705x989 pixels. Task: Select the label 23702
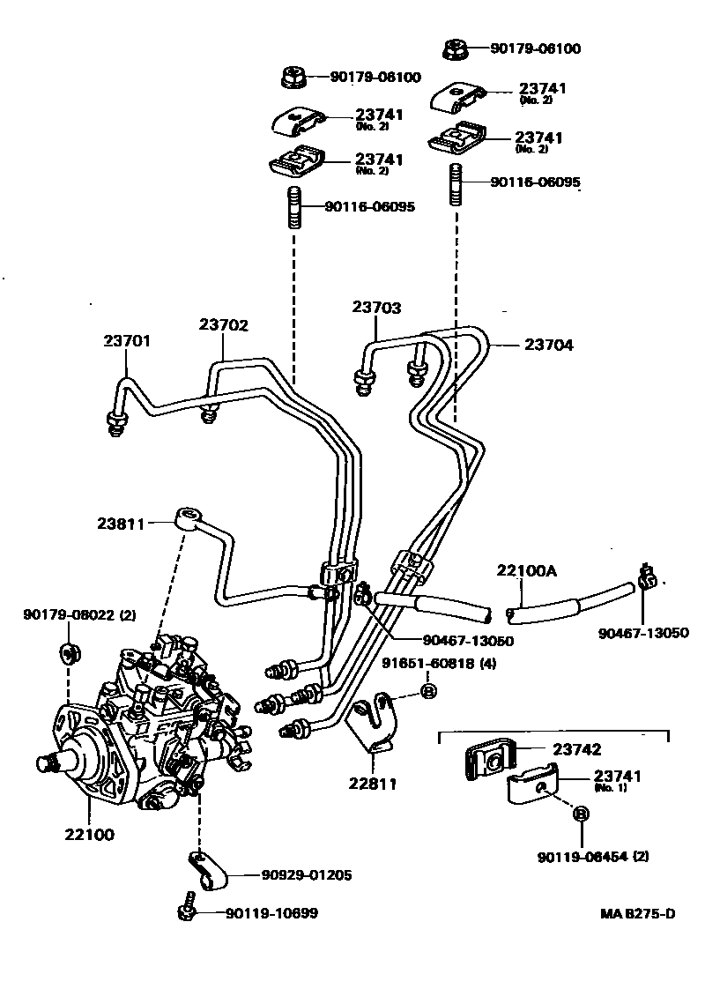(x=223, y=324)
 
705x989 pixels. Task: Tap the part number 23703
(x=377, y=308)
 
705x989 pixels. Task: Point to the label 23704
(x=549, y=346)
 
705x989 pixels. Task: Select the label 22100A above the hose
(x=527, y=570)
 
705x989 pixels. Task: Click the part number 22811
(x=372, y=782)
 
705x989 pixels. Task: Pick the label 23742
(x=577, y=749)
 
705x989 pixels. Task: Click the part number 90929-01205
(x=307, y=875)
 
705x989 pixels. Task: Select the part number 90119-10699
(x=271, y=913)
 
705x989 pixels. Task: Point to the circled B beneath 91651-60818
(x=428, y=691)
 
